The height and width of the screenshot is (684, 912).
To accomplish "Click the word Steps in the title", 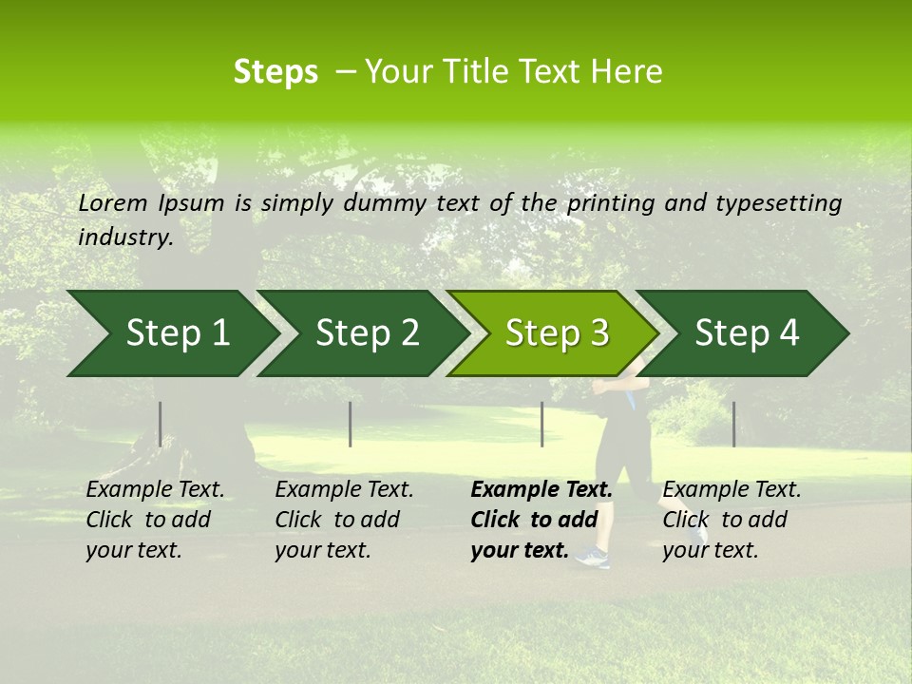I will pos(275,72).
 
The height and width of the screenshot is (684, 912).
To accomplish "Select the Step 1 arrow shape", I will pos(171,333).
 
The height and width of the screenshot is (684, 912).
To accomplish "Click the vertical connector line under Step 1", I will pos(160,424).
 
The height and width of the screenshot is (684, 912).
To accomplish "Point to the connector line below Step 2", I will pos(350,424).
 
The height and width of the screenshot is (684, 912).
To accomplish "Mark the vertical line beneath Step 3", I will pos(541,424).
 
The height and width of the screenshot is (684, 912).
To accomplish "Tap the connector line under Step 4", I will pos(733,424).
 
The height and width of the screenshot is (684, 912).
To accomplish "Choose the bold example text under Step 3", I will pos(541,520).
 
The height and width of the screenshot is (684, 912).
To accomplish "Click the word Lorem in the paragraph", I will pos(113,202).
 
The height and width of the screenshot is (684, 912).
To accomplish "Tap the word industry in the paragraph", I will pos(125,237).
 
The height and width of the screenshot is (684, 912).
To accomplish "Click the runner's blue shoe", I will pos(592,558).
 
